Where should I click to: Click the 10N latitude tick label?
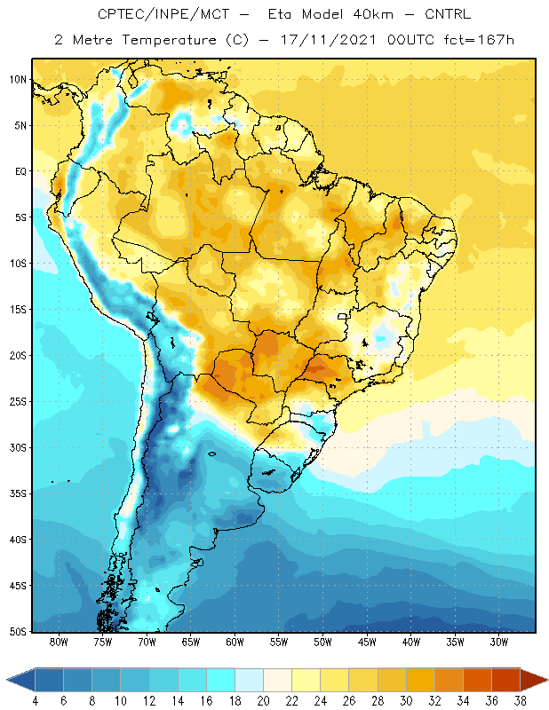tap(18, 80)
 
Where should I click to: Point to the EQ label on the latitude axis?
tap(20, 171)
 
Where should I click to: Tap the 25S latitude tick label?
tap(18, 402)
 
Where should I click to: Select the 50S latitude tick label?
tap(18, 632)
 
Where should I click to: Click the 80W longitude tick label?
tap(59, 642)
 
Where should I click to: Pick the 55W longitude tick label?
tap(279, 642)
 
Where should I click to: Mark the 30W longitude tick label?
tap(499, 642)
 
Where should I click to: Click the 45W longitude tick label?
tap(367, 642)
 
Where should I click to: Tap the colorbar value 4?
tap(35, 701)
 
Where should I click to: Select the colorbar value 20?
tap(263, 701)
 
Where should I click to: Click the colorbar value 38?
tap(520, 701)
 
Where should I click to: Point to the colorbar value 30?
tap(406, 701)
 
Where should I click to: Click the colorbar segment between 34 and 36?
tap(477, 680)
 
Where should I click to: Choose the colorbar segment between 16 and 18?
tap(221, 680)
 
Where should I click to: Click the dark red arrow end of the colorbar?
tap(534, 680)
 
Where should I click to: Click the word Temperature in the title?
tap(169, 40)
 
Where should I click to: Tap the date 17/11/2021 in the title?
tap(328, 40)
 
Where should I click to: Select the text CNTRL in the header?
tap(448, 14)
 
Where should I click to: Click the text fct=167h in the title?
tap(479, 40)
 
